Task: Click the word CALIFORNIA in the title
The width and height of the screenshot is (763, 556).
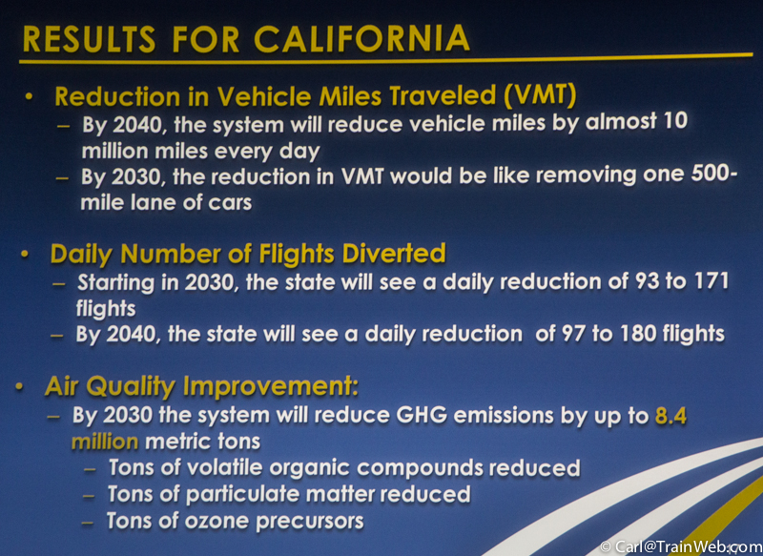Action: tap(361, 38)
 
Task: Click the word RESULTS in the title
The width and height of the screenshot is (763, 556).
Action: tap(90, 39)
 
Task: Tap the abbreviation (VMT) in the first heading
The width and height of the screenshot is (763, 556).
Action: tap(540, 95)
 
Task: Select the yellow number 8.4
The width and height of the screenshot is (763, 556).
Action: tap(670, 416)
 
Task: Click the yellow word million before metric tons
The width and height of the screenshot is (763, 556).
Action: tap(105, 442)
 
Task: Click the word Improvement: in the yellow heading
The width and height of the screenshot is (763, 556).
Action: tap(271, 387)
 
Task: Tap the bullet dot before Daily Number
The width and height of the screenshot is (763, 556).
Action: tap(26, 255)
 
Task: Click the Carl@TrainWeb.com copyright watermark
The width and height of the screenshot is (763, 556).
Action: tap(681, 546)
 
